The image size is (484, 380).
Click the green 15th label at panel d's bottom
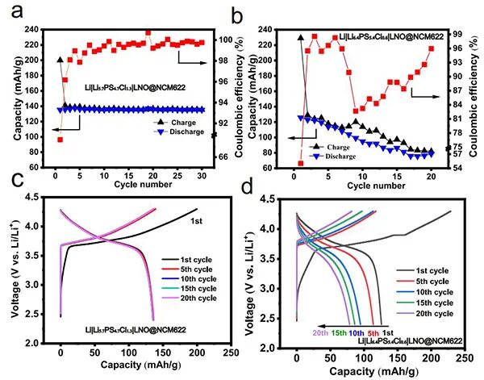pyautogui.click(x=338, y=332)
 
